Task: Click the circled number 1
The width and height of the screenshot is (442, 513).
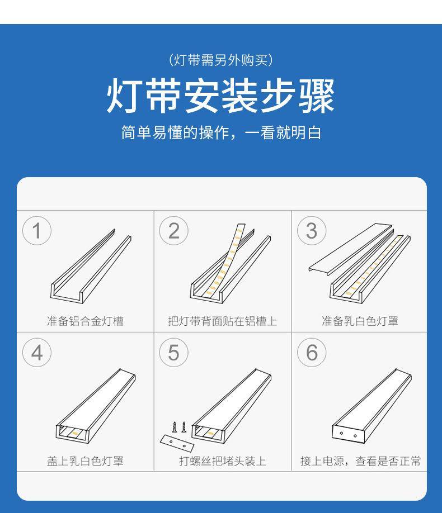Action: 37,230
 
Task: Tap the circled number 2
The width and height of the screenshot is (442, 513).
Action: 174,230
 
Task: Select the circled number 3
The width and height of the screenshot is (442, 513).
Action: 312,230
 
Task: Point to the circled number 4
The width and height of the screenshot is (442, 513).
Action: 37,353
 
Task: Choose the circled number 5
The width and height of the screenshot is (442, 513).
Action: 174,353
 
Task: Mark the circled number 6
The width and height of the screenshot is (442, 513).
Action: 312,353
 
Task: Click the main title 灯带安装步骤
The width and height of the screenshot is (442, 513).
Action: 220,96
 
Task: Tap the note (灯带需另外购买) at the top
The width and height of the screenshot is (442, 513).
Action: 220,60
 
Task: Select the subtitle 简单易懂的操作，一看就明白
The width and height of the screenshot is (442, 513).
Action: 220,133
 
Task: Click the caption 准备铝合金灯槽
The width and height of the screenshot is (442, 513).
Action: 85,321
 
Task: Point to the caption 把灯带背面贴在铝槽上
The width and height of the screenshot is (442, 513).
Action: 222,321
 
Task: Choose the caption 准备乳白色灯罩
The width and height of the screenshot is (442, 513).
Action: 360,321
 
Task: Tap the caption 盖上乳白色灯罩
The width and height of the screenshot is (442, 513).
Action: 85,461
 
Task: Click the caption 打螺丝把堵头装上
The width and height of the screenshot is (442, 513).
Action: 222,461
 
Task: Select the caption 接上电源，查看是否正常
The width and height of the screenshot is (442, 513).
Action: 360,461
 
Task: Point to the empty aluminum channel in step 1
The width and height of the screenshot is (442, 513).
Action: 90,268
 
